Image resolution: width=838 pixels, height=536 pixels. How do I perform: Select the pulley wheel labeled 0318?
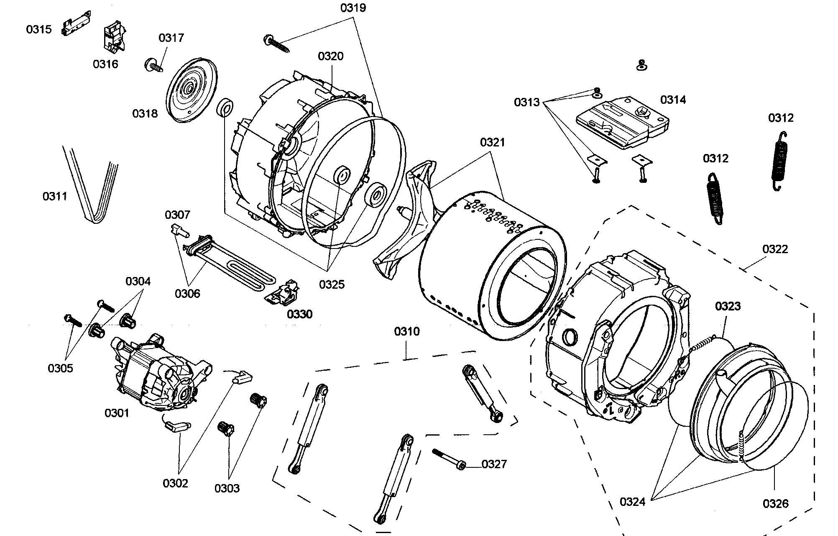(x=192, y=91)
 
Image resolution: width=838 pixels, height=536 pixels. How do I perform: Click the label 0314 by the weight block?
(x=673, y=100)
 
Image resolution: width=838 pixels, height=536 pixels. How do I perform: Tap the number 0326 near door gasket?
(x=775, y=503)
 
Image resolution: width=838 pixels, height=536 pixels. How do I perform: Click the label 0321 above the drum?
(x=492, y=143)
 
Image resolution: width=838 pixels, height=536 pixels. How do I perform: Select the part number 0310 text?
(x=406, y=332)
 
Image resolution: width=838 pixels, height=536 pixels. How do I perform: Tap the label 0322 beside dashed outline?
(x=775, y=249)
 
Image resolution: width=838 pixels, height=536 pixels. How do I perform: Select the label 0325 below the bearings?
(x=332, y=285)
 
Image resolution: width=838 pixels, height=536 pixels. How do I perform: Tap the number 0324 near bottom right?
(x=632, y=502)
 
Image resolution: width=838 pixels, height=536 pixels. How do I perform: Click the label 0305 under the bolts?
(x=60, y=368)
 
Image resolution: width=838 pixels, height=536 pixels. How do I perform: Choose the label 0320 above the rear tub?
(x=330, y=56)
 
